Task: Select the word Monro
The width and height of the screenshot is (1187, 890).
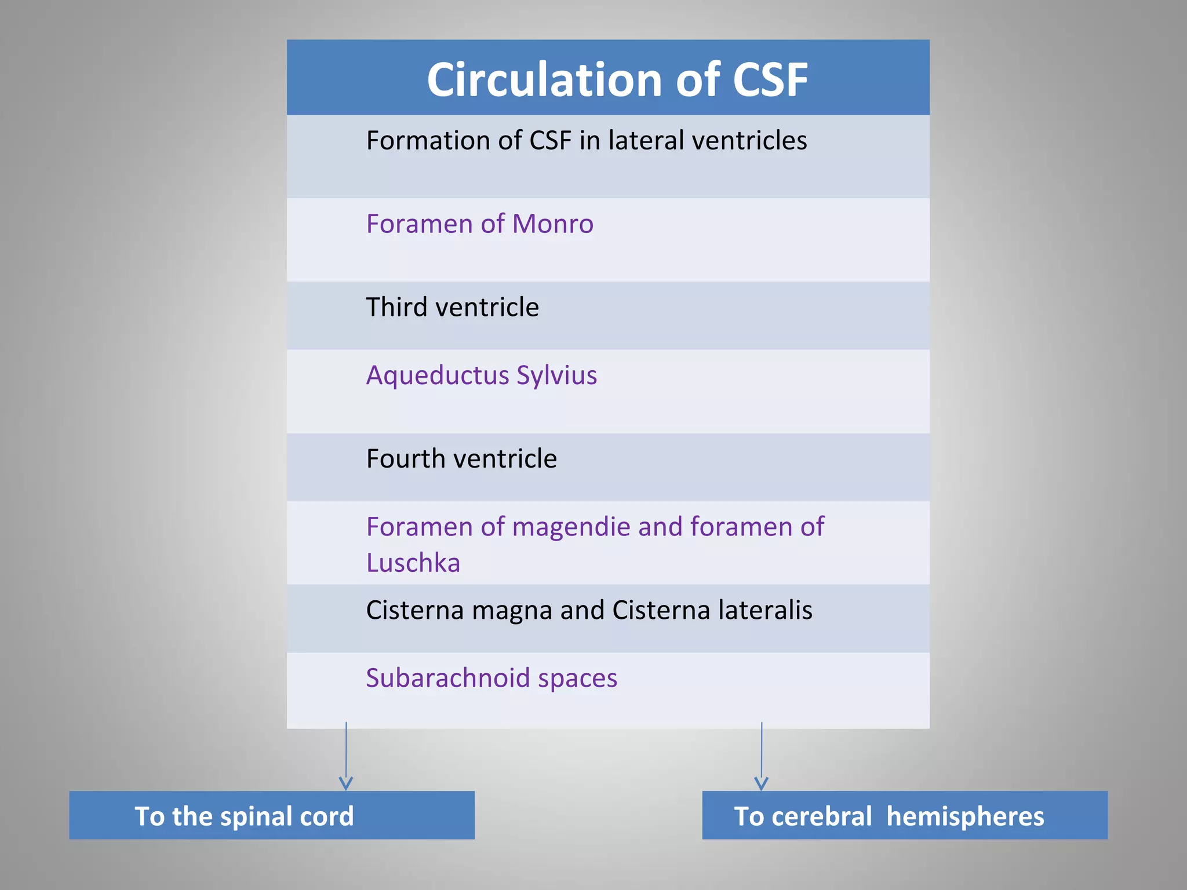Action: point(553,224)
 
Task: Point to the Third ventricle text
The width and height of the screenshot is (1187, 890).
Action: point(452,307)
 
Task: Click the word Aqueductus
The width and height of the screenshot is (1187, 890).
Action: point(437,375)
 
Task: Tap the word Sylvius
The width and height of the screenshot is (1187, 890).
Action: point(556,375)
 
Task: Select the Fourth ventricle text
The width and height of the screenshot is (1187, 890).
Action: point(461,459)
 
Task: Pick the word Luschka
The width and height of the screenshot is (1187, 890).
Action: point(413,563)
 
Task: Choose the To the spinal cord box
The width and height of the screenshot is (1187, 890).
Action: point(271,815)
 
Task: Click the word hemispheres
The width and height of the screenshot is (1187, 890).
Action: point(965,817)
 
